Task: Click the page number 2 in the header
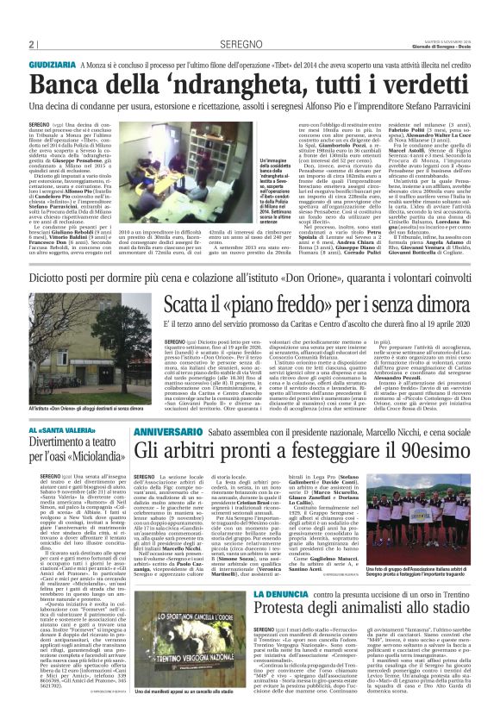tap(30, 44)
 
